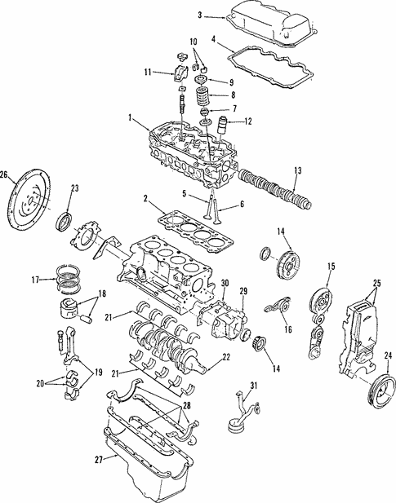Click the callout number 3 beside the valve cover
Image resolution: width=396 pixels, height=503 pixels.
199,15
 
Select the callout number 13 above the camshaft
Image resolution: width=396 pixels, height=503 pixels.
298,170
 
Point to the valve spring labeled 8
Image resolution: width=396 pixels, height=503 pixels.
203,96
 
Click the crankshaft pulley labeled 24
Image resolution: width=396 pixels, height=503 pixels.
381,392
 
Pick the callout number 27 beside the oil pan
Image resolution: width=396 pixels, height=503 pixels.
99,459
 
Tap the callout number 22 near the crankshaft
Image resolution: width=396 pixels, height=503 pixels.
226,357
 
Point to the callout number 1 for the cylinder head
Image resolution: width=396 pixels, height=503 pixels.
130,118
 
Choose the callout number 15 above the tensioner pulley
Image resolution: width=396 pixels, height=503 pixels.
331,266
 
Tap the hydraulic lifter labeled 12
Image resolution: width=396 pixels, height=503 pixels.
223,127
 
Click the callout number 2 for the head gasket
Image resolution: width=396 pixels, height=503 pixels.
146,199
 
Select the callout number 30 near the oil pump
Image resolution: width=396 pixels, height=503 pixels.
225,283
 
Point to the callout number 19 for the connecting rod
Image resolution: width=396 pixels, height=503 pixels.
98,373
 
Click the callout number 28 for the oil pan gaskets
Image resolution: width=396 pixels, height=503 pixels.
186,405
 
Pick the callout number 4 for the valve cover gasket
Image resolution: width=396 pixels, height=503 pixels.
214,39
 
